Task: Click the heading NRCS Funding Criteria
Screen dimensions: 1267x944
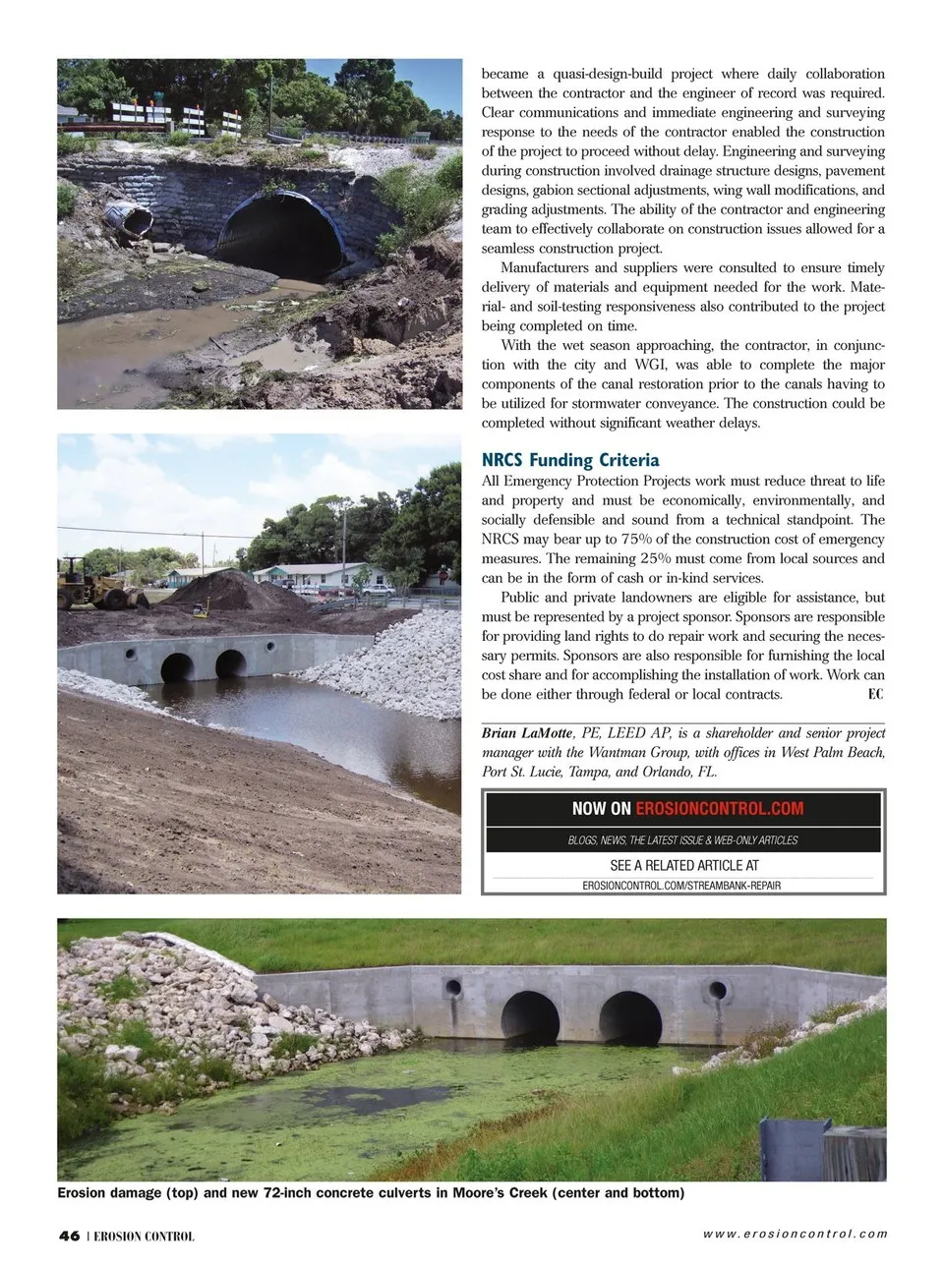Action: click(570, 460)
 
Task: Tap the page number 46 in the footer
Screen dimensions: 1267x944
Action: click(69, 1236)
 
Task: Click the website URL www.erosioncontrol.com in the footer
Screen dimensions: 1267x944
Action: click(795, 1234)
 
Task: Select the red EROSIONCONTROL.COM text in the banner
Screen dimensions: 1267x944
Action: click(719, 809)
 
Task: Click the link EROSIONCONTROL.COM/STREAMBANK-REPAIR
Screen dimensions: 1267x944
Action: click(681, 886)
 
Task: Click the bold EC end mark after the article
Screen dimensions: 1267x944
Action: click(875, 694)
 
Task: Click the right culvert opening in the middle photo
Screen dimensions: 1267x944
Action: click(230, 663)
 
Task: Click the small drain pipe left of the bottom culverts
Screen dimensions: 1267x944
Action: click(453, 987)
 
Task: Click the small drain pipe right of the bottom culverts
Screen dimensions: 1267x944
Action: click(720, 989)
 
